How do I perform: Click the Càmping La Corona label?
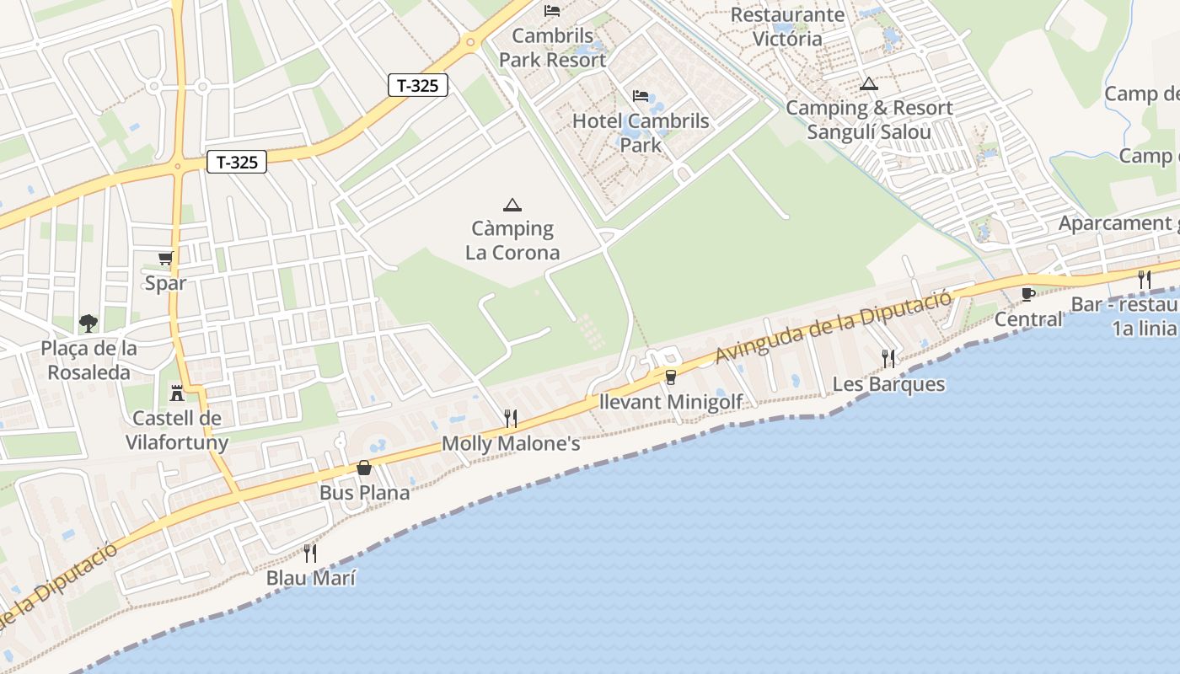click(x=512, y=240)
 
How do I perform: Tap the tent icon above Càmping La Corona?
click(x=512, y=205)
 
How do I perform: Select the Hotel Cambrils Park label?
click(x=641, y=132)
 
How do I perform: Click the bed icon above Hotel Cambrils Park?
click(x=641, y=96)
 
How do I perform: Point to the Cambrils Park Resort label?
click(x=552, y=48)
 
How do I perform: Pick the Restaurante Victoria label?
click(x=787, y=27)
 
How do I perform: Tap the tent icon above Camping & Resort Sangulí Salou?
click(x=868, y=84)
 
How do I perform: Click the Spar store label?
click(x=165, y=283)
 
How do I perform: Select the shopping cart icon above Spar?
click(x=165, y=259)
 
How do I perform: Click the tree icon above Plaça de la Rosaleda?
click(x=88, y=323)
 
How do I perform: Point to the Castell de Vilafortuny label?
click(x=177, y=431)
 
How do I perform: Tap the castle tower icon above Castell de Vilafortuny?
click(x=177, y=393)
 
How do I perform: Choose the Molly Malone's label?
click(x=511, y=443)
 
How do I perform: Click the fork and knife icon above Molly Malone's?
click(x=510, y=417)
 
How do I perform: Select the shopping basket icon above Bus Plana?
click(x=364, y=468)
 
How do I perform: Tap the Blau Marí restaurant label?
click(x=310, y=578)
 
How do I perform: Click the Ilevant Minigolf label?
click(x=670, y=402)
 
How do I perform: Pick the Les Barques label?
click(x=888, y=384)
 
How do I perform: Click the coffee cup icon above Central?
click(x=1027, y=294)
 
